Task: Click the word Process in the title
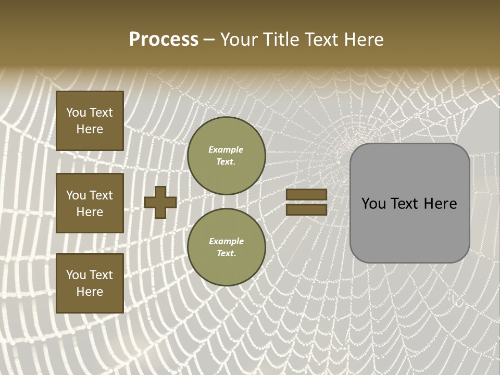[x=164, y=40]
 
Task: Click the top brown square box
[x=90, y=121]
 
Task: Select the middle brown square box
[x=90, y=203]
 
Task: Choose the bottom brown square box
[x=90, y=283]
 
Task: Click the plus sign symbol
[x=160, y=202]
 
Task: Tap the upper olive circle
[x=226, y=156]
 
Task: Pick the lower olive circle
[x=226, y=247]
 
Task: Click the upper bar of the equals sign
[x=306, y=194]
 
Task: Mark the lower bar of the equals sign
[x=306, y=210]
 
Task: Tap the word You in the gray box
[x=374, y=204]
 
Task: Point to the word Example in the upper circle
[x=226, y=149]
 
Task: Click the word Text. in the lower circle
[x=226, y=254]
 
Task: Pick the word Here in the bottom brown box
[x=90, y=292]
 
